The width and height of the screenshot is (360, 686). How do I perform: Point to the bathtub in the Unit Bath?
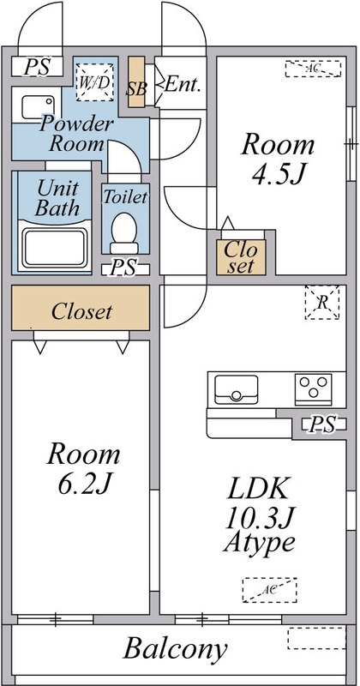[x=53, y=247]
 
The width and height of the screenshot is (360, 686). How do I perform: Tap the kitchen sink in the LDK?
[x=236, y=389]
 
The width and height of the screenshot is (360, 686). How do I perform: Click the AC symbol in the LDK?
[x=267, y=590]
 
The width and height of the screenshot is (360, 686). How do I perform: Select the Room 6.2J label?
[x=82, y=466]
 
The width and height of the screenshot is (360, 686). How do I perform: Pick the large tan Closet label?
[x=81, y=311]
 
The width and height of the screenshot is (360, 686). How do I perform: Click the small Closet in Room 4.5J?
[x=239, y=256]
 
